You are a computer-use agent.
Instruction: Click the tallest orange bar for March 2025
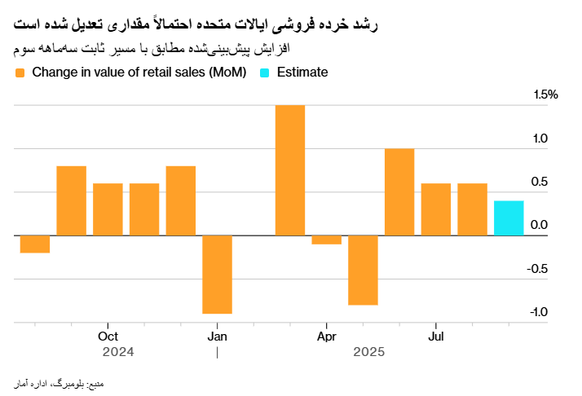coord(290,170)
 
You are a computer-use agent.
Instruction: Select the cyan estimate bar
coord(509,218)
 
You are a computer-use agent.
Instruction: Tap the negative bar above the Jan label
coord(217,275)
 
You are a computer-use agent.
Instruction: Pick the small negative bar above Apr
coord(326,240)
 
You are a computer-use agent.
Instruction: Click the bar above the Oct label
coord(108,209)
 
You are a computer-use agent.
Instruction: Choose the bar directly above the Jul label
coord(436,209)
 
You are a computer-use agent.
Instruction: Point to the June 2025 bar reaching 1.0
coord(399,192)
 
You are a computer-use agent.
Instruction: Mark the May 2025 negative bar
coord(363,270)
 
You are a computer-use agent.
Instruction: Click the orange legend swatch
coord(20,73)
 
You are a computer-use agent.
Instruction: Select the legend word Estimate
coord(302,73)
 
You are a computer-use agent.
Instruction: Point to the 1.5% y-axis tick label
coord(545,95)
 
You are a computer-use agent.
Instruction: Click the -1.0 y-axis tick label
coord(545,312)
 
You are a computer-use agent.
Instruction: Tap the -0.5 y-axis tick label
coord(545,269)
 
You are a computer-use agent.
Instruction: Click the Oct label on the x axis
coord(108,337)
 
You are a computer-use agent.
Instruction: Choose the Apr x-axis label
coord(326,337)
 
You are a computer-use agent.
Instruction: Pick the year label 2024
coord(118,353)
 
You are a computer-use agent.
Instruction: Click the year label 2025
coord(368,353)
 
